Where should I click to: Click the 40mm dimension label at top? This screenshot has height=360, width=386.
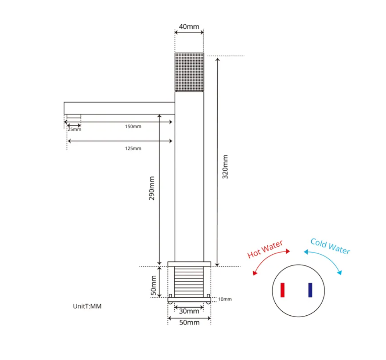point(189,27)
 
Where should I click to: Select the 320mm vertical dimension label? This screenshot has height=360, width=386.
point(225,166)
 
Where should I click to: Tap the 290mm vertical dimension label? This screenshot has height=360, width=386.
point(152,188)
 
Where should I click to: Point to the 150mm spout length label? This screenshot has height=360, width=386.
point(133,127)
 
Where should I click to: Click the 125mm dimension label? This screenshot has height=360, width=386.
point(133,148)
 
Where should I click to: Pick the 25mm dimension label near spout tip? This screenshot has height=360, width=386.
point(74,129)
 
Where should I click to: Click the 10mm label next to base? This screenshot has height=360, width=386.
point(225,299)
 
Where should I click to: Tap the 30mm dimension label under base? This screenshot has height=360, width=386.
point(189,311)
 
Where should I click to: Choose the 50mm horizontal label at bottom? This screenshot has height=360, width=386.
point(189,322)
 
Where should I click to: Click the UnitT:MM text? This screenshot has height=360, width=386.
point(87,306)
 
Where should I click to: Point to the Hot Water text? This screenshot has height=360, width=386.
point(265,249)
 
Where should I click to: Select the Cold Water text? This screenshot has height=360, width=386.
point(330,246)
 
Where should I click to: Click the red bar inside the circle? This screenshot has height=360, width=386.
point(283,290)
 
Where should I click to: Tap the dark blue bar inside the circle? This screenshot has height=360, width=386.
point(310,290)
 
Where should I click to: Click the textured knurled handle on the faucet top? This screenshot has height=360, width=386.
point(189,72)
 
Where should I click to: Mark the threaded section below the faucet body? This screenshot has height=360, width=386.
point(189,282)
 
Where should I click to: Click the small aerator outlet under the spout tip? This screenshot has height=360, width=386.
point(74,117)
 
